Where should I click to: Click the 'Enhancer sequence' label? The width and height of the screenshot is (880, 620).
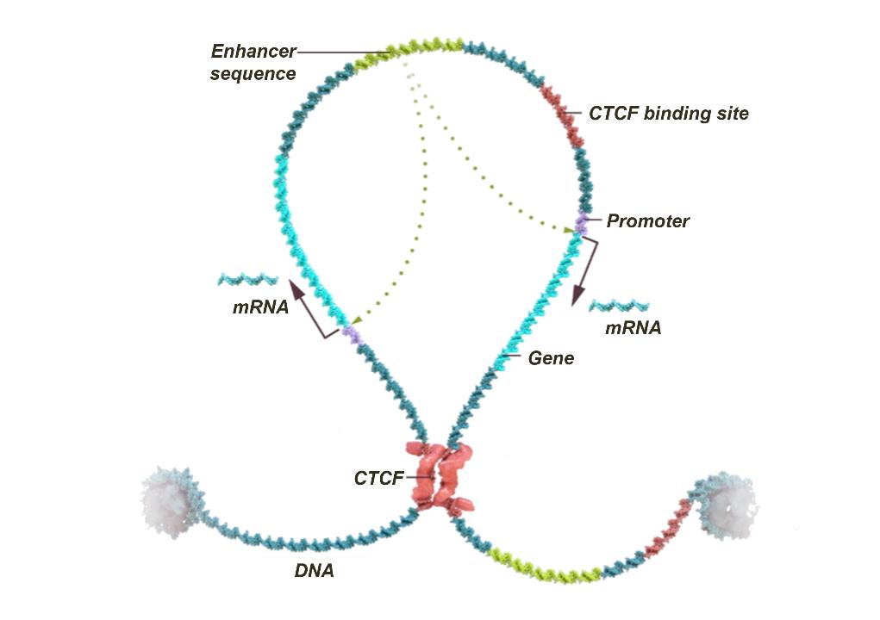coord(254,62)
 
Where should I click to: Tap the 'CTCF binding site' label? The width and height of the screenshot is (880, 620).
coord(668,113)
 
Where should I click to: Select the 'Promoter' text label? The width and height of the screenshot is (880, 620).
coord(647,220)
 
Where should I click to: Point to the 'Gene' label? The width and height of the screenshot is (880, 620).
coord(551,357)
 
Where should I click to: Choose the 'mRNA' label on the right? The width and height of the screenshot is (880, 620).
coord(633,327)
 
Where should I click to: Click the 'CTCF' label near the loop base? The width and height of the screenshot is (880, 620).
coord(378,478)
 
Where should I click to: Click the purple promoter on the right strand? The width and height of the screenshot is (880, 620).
coord(581,224)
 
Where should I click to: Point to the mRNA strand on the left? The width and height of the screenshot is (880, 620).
coord(248,280)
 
